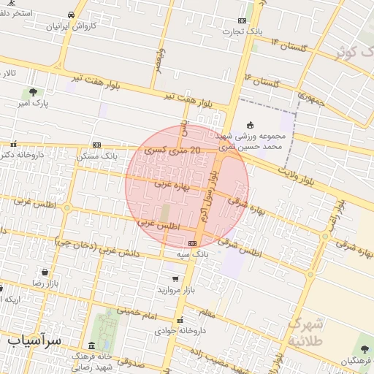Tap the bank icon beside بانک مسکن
click(x=96, y=145)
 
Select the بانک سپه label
click(x=193, y=254)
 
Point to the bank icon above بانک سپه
click(x=192, y=243)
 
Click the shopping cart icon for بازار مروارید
click(x=175, y=278)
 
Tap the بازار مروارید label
click(x=178, y=290)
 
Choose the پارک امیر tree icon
click(x=32, y=92)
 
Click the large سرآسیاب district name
click(x=35, y=340)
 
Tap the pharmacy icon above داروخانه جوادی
click(x=180, y=320)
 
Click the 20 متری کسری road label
click(x=172, y=150)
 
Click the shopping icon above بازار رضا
click(x=45, y=272)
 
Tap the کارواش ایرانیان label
click(x=72, y=26)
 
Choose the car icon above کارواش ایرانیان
click(x=71, y=15)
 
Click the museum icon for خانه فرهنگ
click(x=91, y=346)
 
